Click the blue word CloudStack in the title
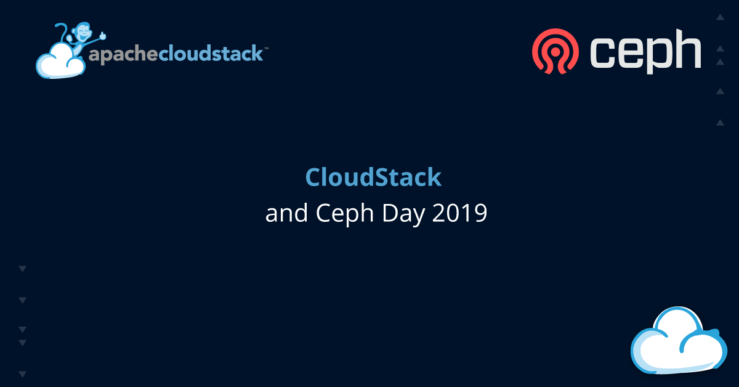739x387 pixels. [373, 177]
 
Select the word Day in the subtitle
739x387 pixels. [403, 214]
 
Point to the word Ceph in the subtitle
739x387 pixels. [345, 214]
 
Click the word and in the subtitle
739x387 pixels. [286, 213]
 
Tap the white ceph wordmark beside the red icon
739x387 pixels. [645, 51]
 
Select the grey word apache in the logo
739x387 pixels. [123, 54]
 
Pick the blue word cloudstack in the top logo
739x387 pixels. [211, 54]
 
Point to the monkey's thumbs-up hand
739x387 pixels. [103, 35]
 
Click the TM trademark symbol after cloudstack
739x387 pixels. [266, 49]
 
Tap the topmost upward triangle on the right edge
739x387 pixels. [720, 17]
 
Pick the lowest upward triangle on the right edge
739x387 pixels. [720, 123]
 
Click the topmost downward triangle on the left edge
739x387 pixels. [22, 269]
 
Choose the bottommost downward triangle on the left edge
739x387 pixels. [22, 374]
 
